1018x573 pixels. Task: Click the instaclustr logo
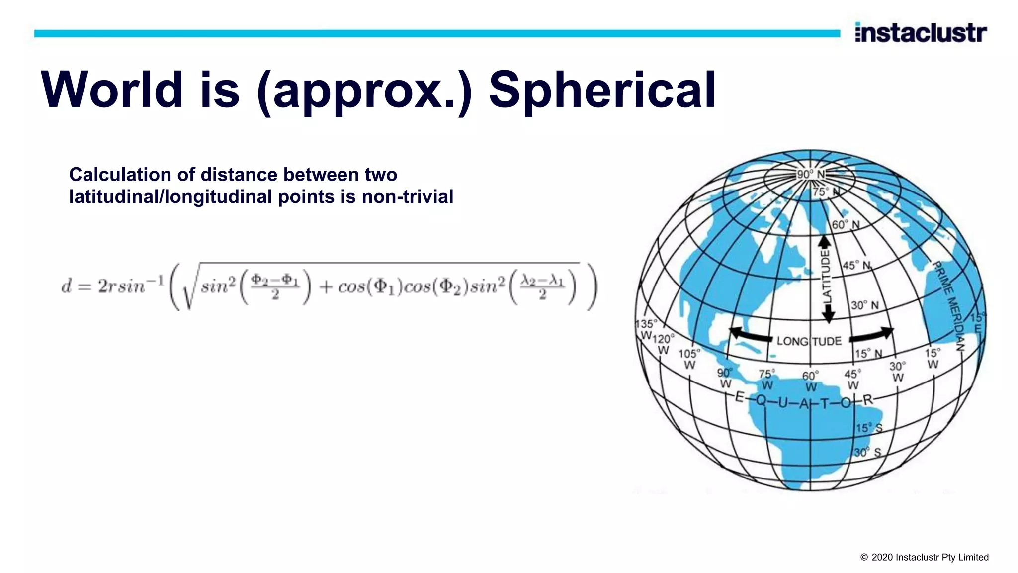point(921,32)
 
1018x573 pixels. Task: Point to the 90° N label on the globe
point(810,174)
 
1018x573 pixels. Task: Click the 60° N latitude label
point(846,225)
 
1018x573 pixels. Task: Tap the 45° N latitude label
point(856,265)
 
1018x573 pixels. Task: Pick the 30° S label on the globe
point(867,453)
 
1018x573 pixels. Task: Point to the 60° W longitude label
point(810,381)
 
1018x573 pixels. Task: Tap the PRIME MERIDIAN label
point(949,304)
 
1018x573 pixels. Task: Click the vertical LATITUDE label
point(826,277)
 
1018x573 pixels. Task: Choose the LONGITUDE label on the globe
point(809,341)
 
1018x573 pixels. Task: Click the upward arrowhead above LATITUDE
point(825,242)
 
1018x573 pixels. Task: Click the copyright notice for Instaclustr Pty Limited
point(924,557)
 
